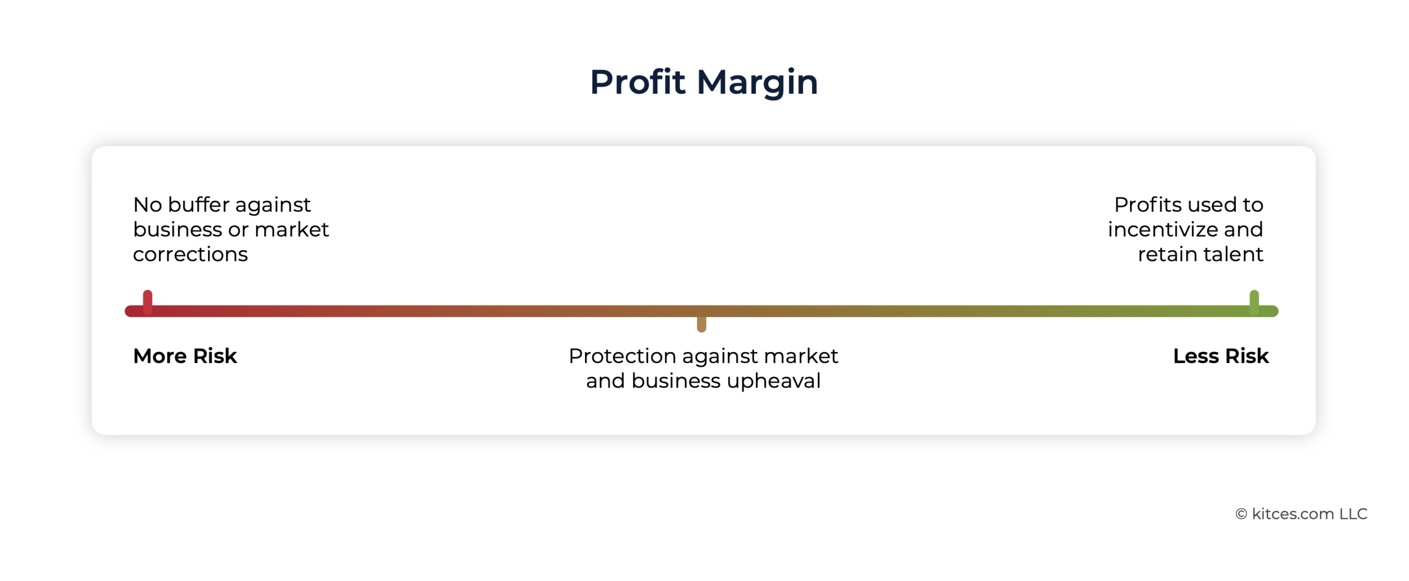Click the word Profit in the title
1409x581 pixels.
[x=637, y=82]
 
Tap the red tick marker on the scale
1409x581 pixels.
[x=148, y=302]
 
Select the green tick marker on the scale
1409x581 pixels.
[x=1254, y=302]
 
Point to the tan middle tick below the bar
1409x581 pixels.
[x=702, y=324]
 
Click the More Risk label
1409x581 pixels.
[x=185, y=356]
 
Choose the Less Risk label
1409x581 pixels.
[x=1221, y=356]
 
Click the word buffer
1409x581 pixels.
[x=198, y=205]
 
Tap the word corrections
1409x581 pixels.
[x=190, y=254]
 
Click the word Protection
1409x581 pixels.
[x=622, y=356]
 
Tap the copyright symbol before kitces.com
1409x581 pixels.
[x=1241, y=514]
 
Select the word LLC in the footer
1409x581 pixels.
[x=1353, y=514]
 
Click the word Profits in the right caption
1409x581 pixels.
[x=1149, y=205]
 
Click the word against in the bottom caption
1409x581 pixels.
[x=720, y=357]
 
